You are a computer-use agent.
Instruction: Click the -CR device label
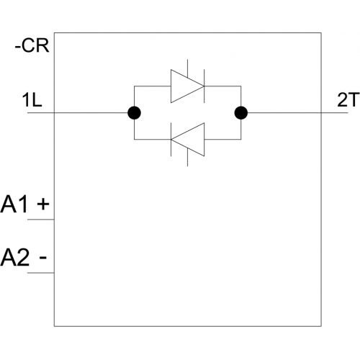pos(32,45)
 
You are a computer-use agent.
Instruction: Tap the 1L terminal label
pos(32,100)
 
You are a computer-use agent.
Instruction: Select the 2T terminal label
pos(348,100)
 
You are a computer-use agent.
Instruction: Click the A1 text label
pos(14,204)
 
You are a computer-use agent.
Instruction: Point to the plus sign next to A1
pos(43,204)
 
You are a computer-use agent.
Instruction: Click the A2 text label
pos(15,258)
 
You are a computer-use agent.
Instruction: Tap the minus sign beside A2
pos(43,258)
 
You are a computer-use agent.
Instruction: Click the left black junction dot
pos(134,113)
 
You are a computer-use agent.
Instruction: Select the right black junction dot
pos(241,113)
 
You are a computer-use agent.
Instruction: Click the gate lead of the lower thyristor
pos(187,157)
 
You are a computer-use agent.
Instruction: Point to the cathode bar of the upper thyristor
pos(204,86)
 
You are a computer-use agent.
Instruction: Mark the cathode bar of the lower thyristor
pos(171,140)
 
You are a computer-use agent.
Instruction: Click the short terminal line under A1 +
pos(41,220)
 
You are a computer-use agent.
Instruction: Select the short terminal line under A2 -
pos(41,273)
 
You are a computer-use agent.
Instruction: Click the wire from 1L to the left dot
pos(78,113)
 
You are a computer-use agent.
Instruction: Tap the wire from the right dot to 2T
pos(297,113)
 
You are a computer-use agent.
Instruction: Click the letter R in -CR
pos(43,45)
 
